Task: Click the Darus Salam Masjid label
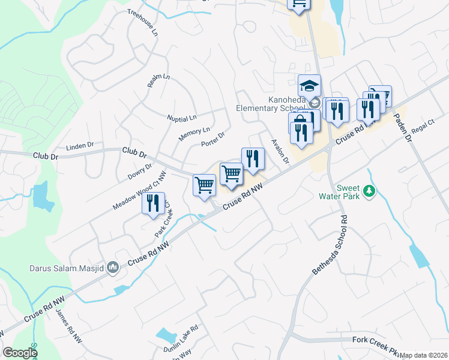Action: [65, 269]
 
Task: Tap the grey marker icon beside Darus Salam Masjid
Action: [112, 269]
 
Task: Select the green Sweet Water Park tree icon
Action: [370, 191]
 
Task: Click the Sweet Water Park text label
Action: [348, 191]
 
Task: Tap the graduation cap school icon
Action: [310, 85]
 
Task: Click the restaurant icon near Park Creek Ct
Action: [154, 202]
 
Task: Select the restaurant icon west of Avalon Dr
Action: [253, 158]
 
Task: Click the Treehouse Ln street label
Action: [142, 21]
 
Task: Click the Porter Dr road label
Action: [212, 139]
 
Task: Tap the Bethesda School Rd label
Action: [330, 245]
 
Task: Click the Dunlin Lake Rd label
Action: [181, 340]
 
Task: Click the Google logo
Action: [20, 353]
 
